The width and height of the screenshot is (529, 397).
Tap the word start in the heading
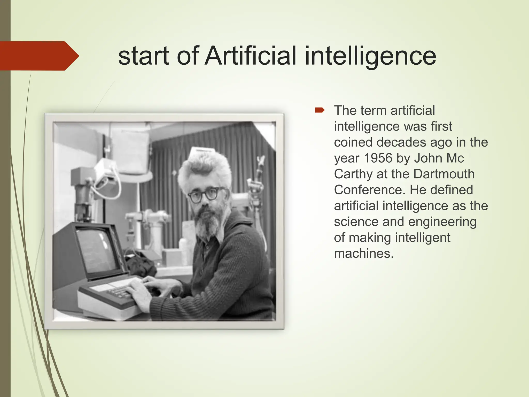144,56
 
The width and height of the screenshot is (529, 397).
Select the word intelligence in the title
370,56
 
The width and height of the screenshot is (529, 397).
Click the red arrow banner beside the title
39,56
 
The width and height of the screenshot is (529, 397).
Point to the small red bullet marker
320,111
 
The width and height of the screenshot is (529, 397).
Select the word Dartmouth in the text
444,174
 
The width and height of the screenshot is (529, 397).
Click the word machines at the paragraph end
363,253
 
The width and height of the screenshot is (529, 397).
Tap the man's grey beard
207,222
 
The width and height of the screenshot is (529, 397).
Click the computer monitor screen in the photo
97,251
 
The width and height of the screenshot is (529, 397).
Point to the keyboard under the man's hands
116,291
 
